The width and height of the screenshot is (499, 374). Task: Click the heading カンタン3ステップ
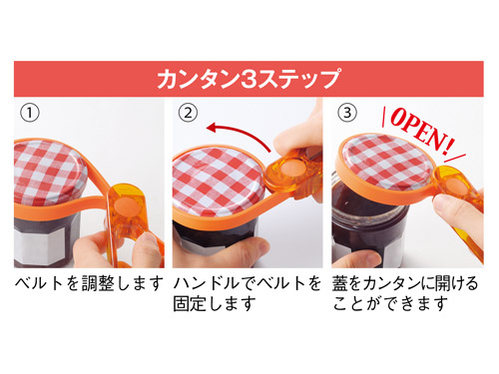[x=249, y=79]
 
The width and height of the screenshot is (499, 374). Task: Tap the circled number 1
[x=30, y=113]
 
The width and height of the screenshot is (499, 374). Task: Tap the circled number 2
[x=188, y=113]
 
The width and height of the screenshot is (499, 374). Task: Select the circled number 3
[x=347, y=113]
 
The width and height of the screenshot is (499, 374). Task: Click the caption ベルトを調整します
[x=90, y=283]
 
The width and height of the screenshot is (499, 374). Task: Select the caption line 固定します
[x=215, y=303]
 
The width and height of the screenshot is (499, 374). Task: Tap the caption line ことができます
[x=390, y=303]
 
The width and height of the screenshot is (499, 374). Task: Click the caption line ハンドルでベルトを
[x=248, y=283]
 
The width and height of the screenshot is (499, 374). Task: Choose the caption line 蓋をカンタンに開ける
[x=405, y=283]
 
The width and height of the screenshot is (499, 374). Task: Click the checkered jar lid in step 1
[x=50, y=173]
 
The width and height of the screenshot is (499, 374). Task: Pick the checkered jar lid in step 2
[x=219, y=183]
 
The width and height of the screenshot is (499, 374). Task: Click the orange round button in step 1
[x=125, y=203]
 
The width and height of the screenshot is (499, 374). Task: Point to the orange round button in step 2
[x=289, y=167]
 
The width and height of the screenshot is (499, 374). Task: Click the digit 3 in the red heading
[x=249, y=79]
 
